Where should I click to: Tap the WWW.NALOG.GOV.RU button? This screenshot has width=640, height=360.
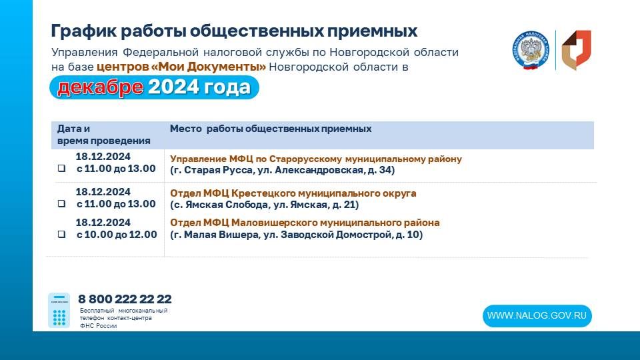[537, 316]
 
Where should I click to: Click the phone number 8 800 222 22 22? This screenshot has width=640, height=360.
[125, 299]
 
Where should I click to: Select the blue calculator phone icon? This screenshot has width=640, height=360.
[59, 310]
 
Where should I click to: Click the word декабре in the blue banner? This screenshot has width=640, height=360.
[99, 87]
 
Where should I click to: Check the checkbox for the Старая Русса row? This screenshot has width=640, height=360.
[61, 169]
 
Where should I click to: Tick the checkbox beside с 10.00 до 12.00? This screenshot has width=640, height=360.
[61, 235]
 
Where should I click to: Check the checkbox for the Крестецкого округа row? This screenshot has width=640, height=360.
[61, 204]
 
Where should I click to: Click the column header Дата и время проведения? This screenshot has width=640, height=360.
[103, 135]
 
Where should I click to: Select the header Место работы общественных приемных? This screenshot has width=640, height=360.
[270, 129]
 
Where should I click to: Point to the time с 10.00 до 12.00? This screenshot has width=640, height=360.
[117, 235]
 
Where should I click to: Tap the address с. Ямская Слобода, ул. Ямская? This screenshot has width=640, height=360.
[264, 205]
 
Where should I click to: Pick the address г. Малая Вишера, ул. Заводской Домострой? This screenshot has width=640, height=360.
[296, 235]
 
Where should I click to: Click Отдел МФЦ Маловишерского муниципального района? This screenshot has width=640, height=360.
[305, 223]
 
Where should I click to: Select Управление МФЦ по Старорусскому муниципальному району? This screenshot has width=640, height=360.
[315, 159]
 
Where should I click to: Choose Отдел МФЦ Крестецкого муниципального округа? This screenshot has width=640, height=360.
[293, 193]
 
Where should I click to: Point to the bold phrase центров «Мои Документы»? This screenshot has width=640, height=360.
[181, 67]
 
